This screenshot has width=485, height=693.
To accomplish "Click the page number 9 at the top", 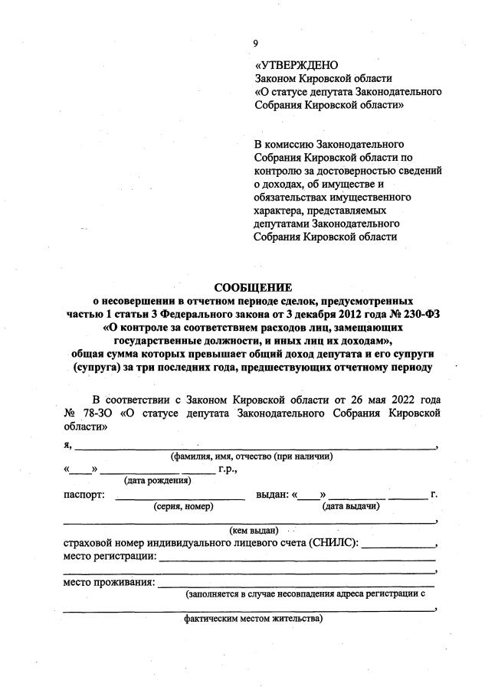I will pos(255,43).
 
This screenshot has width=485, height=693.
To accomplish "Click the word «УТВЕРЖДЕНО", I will pos(296,65).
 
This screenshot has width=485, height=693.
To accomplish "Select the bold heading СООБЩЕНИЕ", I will pos(253,288).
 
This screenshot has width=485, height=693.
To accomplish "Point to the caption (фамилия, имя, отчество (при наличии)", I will pos(251,456).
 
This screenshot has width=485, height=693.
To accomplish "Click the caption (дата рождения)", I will pos(157,481).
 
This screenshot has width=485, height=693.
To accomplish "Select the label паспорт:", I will pos(84,495).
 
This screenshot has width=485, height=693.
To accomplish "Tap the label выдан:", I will pos(271,495).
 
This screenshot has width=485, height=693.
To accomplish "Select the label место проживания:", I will pos(108,583).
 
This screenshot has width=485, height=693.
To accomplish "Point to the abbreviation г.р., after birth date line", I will pos(228,469).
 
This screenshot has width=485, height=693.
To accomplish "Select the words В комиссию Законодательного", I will pos(329,143).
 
